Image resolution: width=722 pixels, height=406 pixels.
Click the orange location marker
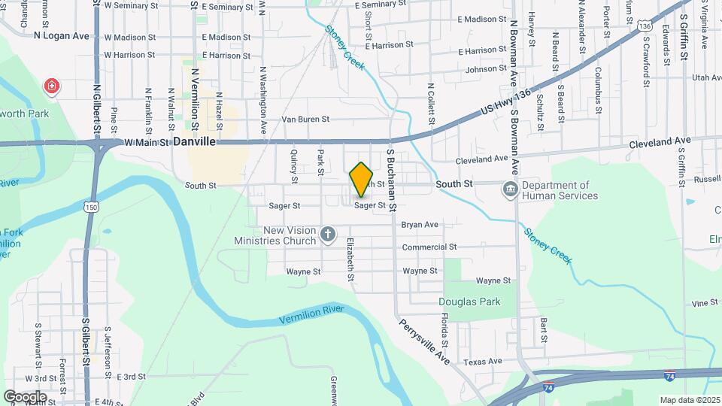tap(361, 179)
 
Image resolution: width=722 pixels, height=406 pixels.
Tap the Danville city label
tap(194, 141)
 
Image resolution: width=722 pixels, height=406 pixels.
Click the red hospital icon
tap(51, 86)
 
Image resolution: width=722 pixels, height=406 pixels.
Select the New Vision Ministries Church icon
tap(327, 235)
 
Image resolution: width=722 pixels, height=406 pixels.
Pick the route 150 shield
tap(91, 207)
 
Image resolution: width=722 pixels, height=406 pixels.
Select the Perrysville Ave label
tap(424, 341)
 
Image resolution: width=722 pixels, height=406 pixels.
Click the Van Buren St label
tap(305, 119)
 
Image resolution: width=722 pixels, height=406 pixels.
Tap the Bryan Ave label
tap(420, 224)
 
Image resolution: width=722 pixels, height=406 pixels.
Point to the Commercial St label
tap(429, 247)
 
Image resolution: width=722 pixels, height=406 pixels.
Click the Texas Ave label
tap(482, 362)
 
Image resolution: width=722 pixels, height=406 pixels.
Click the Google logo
tap(25, 396)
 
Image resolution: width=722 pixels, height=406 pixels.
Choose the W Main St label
tap(147, 141)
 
